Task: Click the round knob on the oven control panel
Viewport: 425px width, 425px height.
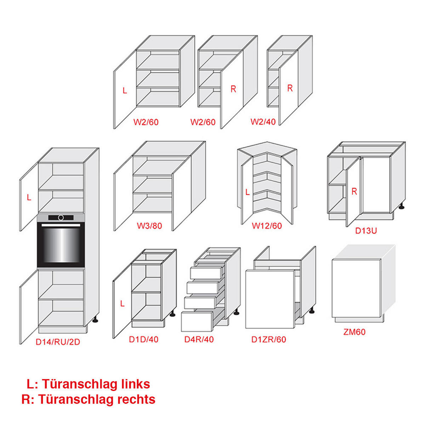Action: tap(61, 218)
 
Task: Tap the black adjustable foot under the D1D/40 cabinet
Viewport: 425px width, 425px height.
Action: tap(172, 314)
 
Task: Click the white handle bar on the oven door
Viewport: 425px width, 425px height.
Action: tap(61, 225)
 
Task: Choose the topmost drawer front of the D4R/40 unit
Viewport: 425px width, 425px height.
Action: tap(206, 273)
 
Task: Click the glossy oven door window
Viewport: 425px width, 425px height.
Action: tap(61, 245)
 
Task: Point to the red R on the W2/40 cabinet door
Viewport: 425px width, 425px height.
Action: tap(290, 88)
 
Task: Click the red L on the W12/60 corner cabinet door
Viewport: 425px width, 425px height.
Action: tap(248, 192)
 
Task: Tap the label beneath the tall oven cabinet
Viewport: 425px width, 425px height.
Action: tap(58, 342)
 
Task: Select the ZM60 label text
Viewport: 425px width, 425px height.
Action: tap(354, 332)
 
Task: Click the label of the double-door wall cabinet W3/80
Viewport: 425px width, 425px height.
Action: tap(149, 226)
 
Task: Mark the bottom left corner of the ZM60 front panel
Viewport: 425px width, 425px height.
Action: tap(332, 318)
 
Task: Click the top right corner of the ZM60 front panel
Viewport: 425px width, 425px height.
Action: tap(381, 259)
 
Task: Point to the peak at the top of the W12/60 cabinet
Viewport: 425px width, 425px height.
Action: tap(267, 142)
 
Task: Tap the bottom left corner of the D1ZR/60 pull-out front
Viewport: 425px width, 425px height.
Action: tap(246, 328)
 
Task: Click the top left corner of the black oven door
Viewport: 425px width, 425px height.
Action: tap(37, 222)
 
